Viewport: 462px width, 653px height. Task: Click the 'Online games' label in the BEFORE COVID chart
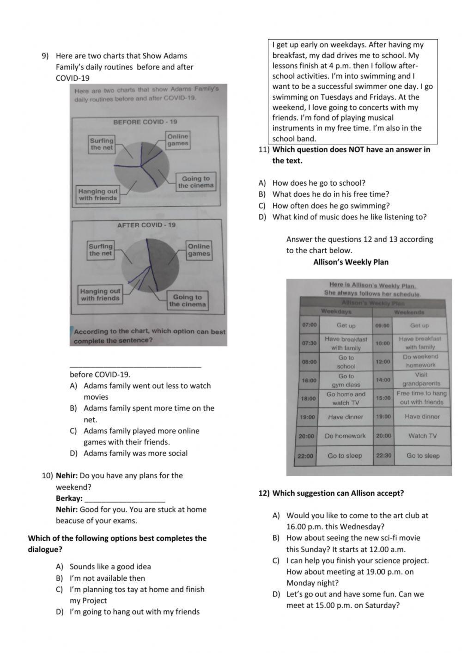click(178, 140)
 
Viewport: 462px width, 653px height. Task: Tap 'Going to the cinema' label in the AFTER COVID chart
click(187, 300)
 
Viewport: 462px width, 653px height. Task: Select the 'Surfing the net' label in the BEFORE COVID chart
click(102, 144)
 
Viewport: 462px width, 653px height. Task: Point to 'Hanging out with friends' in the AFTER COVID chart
click(100, 295)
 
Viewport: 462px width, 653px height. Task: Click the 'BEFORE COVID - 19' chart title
click(145, 122)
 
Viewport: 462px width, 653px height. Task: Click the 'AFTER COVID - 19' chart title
click(146, 225)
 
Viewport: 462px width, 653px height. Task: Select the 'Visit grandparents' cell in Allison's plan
click(421, 379)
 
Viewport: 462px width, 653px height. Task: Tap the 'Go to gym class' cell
click(346, 380)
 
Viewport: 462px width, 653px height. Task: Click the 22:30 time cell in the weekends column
click(383, 456)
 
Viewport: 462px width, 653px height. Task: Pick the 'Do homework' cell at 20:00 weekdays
click(345, 436)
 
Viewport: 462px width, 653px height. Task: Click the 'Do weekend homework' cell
click(420, 361)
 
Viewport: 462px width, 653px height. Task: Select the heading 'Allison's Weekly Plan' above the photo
click(351, 262)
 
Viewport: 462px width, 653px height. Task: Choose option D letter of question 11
click(262, 217)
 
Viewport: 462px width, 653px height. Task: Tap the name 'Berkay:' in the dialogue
click(69, 498)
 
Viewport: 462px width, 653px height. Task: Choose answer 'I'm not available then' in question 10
click(107, 578)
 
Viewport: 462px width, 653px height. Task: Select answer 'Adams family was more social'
click(135, 453)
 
